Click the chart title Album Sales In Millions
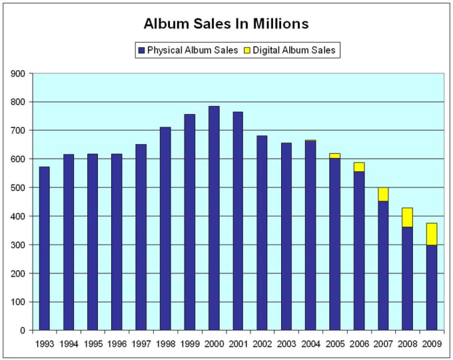tap(226, 24)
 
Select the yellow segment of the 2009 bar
tap(431, 233)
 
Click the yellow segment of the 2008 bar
tap(407, 217)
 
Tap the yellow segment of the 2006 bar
tap(359, 167)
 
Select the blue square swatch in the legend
tap(141, 50)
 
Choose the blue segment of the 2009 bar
tap(431, 287)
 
